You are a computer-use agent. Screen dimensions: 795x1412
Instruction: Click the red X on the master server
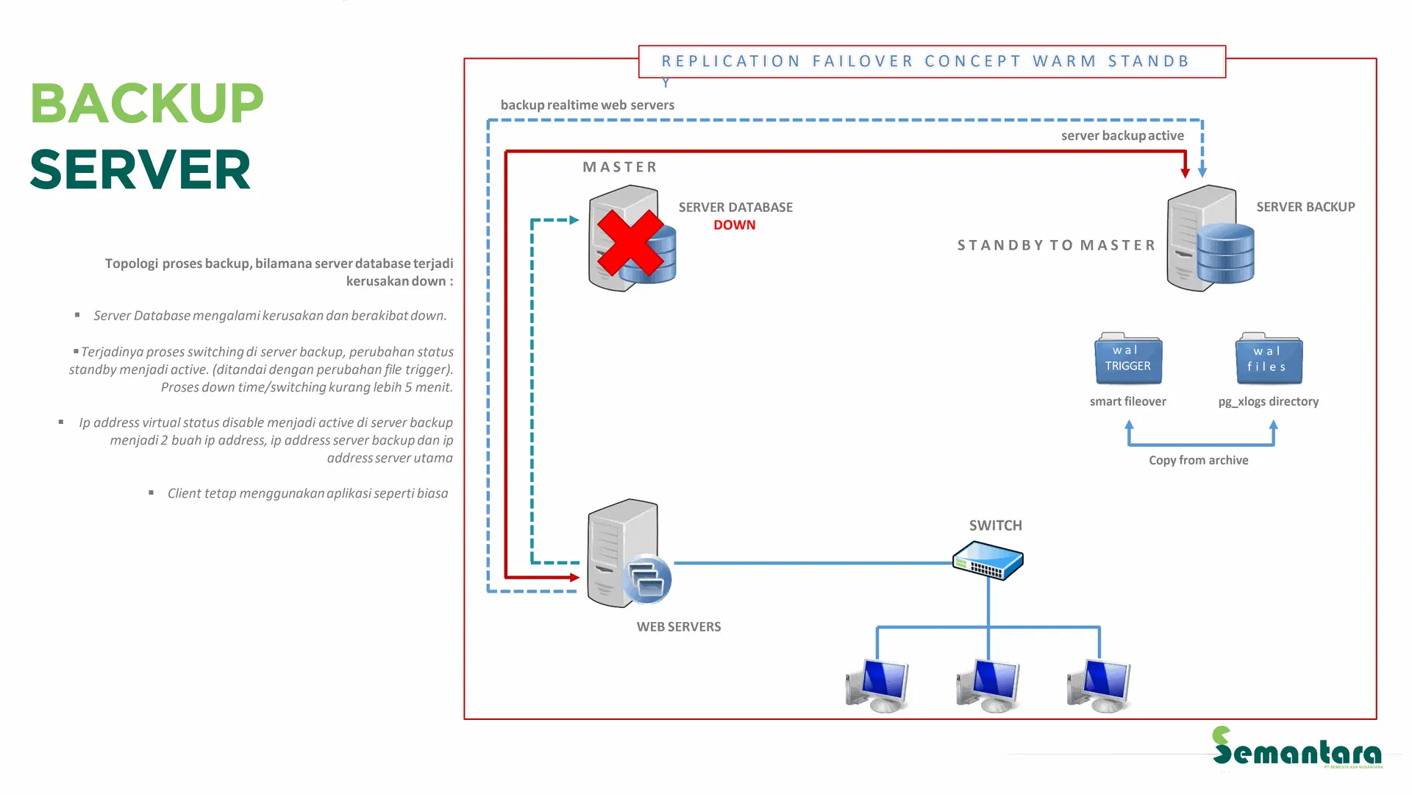tap(630, 242)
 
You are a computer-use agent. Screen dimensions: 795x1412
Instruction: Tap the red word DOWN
tap(734, 225)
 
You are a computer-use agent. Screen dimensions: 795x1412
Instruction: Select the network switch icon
tap(988, 561)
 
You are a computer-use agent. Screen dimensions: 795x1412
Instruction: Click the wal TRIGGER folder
tap(1128, 359)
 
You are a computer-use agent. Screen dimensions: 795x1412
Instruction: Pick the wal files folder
tap(1269, 359)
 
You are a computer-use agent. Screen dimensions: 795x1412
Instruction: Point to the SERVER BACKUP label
tap(1305, 207)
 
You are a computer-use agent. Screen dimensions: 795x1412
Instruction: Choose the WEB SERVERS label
tap(678, 627)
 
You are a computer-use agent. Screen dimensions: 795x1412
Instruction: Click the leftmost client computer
tap(878, 685)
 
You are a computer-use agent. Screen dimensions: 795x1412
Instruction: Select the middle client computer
tap(989, 685)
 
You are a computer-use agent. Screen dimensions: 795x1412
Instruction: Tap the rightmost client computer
tap(1099, 685)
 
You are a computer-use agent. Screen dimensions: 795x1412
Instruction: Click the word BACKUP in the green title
tap(147, 103)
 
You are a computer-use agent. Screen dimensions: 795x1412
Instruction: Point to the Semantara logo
tap(1297, 748)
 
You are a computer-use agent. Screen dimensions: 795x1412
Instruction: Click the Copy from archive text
tap(1198, 461)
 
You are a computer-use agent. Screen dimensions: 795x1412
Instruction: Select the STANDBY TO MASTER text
tap(1056, 245)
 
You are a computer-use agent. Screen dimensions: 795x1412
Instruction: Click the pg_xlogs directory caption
tap(1268, 402)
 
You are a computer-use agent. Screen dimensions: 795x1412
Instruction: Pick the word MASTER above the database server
tap(619, 167)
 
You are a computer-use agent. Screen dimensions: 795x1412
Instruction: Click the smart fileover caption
tap(1127, 402)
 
